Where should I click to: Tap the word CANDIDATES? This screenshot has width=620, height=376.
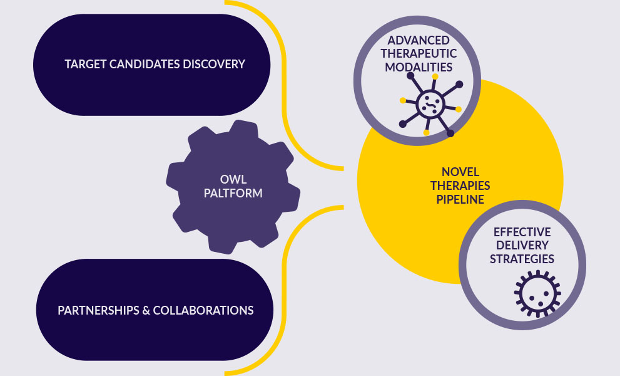(x=146, y=64)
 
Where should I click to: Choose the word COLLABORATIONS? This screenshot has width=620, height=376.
(x=203, y=310)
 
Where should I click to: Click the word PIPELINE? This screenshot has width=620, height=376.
(x=459, y=200)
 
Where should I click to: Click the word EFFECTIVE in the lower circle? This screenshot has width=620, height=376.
(x=522, y=232)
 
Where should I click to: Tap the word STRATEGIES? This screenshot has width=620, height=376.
(x=522, y=258)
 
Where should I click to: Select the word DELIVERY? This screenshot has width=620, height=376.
(x=522, y=245)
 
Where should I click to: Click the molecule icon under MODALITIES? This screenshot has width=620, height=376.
(x=430, y=103)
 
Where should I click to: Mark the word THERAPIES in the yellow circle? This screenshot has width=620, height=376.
(x=459, y=186)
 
